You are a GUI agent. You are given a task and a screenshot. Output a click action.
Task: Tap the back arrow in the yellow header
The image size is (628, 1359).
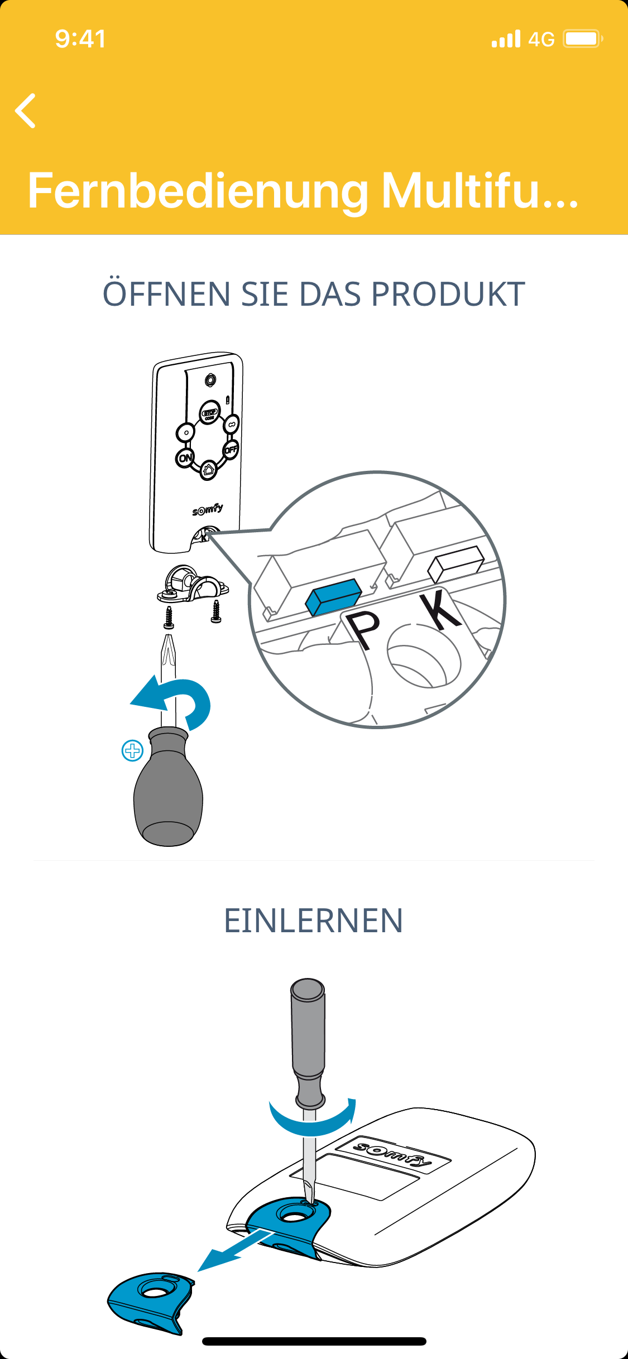[26, 110]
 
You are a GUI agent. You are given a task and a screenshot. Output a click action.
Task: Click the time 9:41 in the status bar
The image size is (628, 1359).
[80, 39]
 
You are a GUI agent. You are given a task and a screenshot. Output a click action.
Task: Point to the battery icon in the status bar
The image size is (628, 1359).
[582, 38]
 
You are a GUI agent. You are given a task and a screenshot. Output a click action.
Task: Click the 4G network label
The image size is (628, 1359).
[541, 39]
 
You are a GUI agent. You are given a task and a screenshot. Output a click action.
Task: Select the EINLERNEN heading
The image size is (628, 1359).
[313, 921]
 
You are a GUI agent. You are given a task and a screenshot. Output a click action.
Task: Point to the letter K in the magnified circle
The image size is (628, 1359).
[440, 610]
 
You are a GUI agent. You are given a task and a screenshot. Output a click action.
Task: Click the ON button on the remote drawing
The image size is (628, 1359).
[185, 458]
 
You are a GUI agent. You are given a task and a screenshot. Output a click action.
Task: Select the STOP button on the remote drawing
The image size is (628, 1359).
[210, 412]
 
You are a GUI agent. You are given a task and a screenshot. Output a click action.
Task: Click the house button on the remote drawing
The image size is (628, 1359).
[209, 470]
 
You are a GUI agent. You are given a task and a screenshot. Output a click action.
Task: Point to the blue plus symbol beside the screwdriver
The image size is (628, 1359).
[132, 751]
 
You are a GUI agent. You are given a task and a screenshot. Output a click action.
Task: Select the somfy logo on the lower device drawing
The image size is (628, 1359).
[393, 1153]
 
